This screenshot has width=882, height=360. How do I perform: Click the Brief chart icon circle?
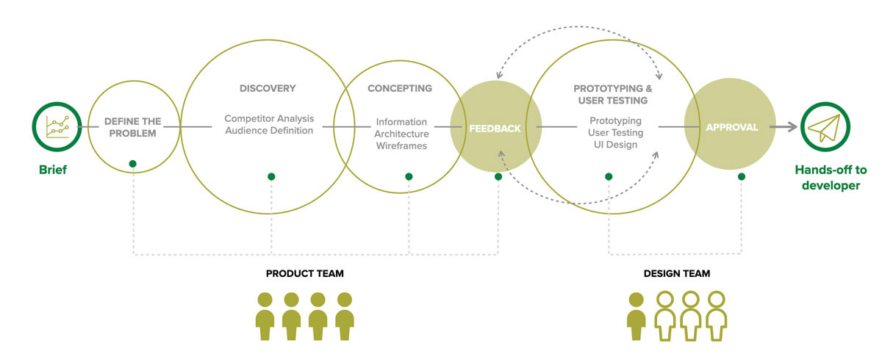tap(57, 104)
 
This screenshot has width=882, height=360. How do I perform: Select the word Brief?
tap(53, 170)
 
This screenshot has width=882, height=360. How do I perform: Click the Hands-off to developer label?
tap(831, 178)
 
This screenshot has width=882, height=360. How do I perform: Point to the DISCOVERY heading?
tap(268, 88)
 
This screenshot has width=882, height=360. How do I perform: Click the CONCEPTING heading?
tap(400, 88)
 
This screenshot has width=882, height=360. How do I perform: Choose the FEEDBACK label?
tap(495, 129)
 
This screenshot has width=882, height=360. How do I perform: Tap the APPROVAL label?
tap(732, 128)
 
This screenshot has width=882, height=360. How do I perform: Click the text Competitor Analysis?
tap(269, 118)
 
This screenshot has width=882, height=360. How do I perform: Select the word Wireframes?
tap(401, 146)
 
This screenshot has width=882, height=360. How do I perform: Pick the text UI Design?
tap(615, 145)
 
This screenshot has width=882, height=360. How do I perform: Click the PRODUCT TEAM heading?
tap(305, 273)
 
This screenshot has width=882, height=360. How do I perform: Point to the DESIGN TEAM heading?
tap(677, 273)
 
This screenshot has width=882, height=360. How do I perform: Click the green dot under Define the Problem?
tap(133, 164)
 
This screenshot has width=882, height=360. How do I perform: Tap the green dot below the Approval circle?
tap(742, 176)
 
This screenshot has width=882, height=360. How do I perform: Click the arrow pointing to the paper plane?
tap(784, 126)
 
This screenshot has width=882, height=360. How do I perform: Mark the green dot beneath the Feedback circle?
tap(498, 176)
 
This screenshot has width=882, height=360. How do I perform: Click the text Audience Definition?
tap(269, 131)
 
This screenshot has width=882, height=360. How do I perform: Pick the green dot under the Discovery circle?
tap(271, 176)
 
